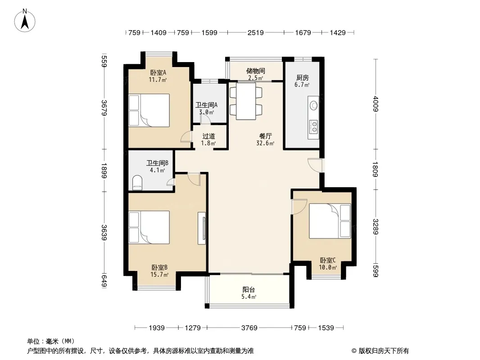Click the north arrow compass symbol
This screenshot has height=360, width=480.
25,21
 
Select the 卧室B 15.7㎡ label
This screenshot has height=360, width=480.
159,271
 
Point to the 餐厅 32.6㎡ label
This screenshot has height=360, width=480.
265,139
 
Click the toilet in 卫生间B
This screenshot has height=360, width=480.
137,183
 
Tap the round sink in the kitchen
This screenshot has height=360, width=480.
314,105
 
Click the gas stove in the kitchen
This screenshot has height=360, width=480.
314,126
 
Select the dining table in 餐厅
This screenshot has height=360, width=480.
246,101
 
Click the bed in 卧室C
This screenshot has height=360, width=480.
330,221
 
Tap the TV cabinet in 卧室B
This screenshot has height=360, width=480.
202,228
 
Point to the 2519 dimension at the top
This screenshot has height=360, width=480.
256,32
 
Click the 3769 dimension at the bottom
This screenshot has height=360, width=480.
249,328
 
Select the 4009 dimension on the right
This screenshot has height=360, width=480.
376,104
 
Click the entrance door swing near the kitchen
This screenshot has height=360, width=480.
315,165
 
